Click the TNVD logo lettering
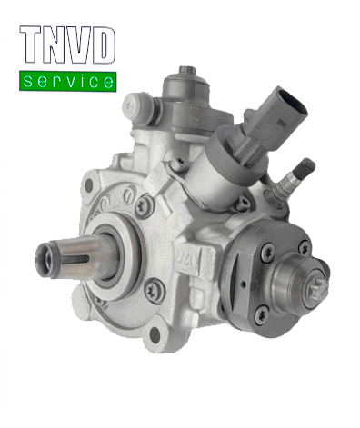[68, 47]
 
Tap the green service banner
[68, 81]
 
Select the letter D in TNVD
[103, 47]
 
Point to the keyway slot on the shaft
[65, 255]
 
